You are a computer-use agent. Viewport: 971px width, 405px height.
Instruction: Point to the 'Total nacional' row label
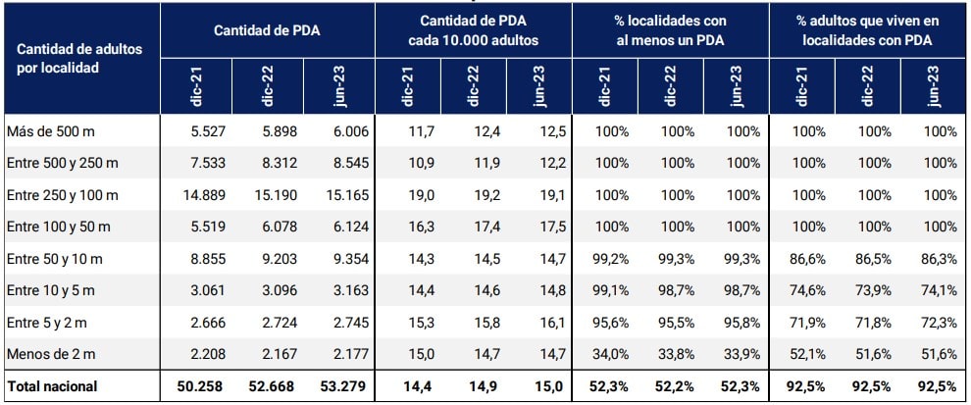tap(52, 386)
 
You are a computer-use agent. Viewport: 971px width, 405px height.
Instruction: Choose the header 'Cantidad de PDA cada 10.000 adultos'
tap(473, 30)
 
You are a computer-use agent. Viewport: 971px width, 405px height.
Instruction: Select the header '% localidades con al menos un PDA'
tap(670, 30)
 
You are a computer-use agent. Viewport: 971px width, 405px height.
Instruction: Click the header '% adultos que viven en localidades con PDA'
tap(867, 30)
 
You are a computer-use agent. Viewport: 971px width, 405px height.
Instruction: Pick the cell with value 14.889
tap(205, 195)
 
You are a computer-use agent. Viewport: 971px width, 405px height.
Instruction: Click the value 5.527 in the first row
tap(208, 131)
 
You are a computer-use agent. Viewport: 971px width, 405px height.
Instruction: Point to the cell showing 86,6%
tap(802, 259)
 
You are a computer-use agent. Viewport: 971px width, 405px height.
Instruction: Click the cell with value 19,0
tap(411, 195)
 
